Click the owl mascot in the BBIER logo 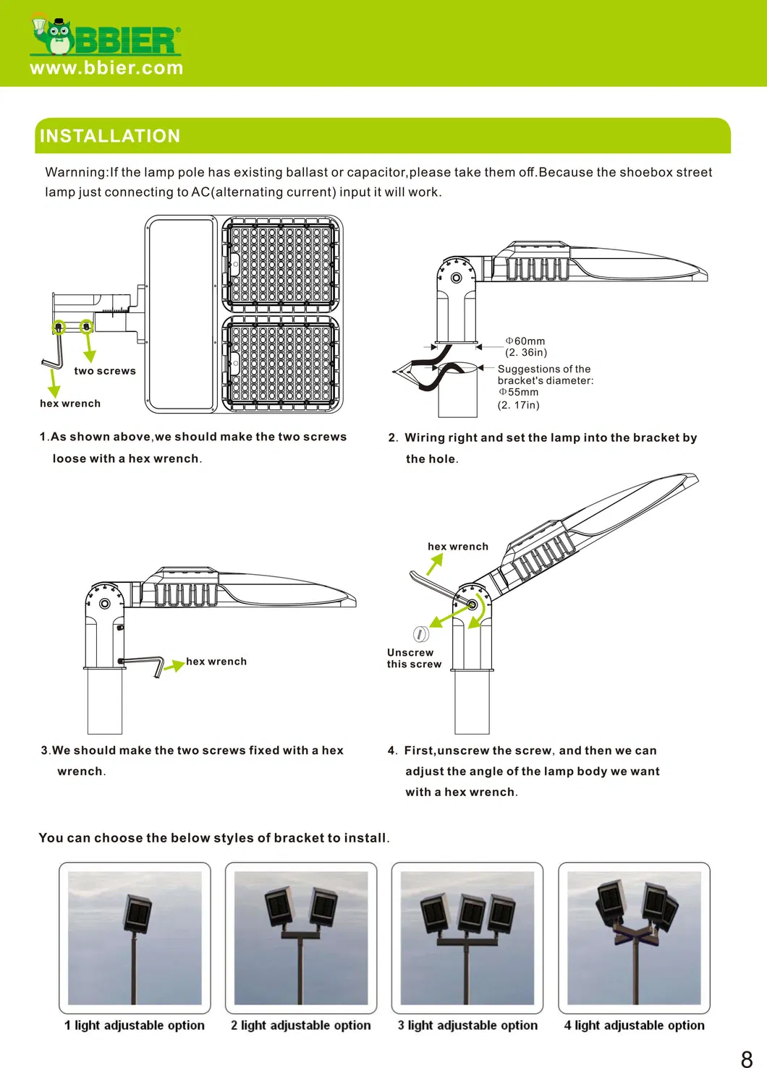coord(53,35)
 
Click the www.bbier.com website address coord(106,68)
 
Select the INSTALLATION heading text coord(110,136)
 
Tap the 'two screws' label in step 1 coord(105,371)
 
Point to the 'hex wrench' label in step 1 coord(70,403)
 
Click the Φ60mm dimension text coord(525,341)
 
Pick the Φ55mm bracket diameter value coord(519,392)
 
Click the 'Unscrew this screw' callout coord(414,658)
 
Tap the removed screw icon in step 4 coord(420,634)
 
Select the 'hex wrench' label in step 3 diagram coord(216,662)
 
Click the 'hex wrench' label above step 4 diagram coord(458,547)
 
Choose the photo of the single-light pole coord(135,938)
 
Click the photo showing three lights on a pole coord(467,938)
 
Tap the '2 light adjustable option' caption coord(301,1025)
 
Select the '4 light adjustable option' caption coord(635,1025)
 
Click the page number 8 coord(747,1059)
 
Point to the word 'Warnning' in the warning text coord(75,172)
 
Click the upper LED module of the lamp coord(281,264)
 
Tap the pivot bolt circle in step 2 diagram coord(456,278)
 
